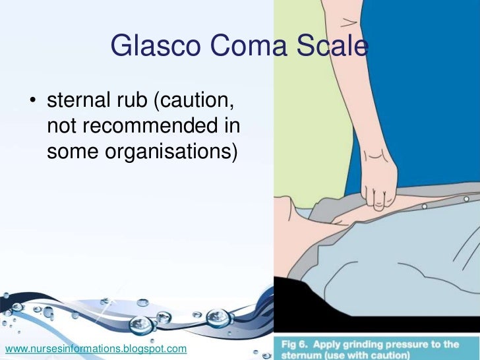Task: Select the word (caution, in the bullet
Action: point(196,103)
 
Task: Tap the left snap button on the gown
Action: point(424,206)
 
